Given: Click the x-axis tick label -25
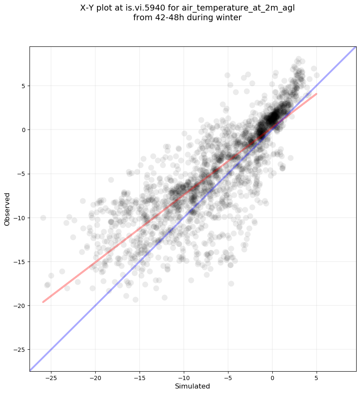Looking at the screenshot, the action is click(51, 378).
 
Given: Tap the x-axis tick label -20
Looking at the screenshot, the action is click(95, 378).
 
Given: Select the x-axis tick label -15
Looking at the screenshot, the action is click(140, 378).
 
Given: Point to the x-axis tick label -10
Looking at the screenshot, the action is click(183, 378).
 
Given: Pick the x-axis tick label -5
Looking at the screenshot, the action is click(228, 378).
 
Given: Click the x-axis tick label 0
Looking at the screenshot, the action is click(272, 378).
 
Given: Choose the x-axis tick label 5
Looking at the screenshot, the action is click(317, 378).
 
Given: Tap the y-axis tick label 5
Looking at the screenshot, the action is click(24, 86).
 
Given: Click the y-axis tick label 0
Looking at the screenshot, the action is click(24, 130).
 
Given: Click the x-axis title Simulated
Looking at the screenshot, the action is click(192, 386).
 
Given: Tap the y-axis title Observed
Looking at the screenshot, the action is click(7, 209).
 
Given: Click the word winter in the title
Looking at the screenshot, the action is click(230, 18).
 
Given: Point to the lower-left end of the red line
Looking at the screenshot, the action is click(43, 302).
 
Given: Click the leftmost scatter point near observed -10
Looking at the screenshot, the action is click(43, 218).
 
